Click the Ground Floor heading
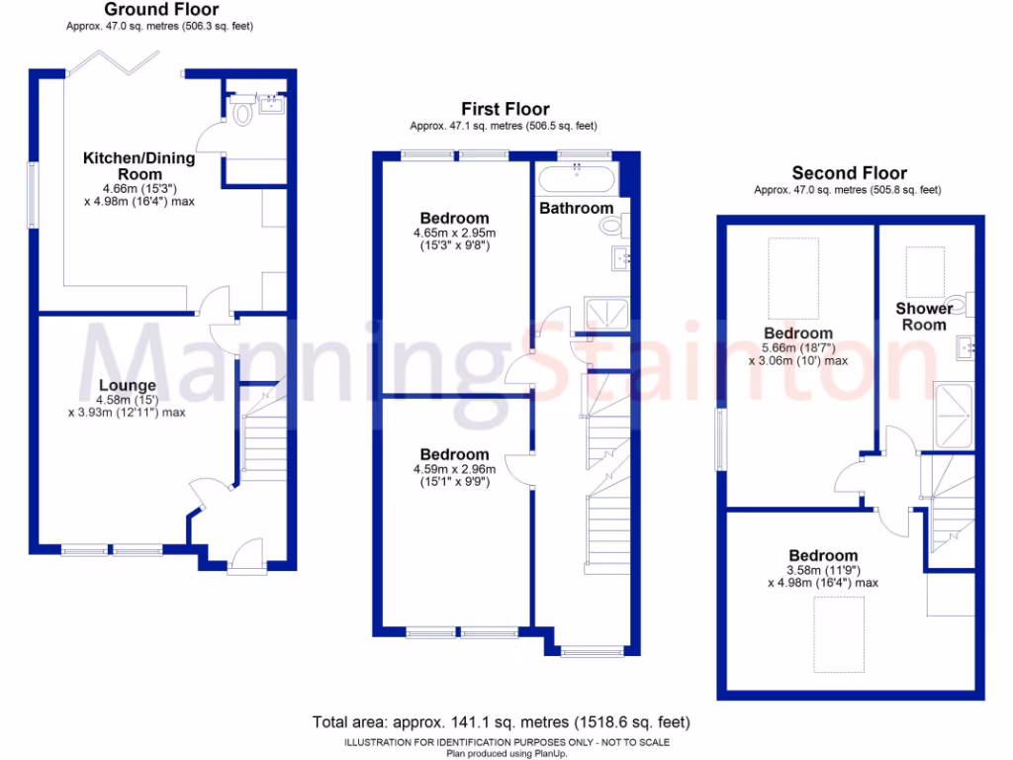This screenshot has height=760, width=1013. tap(161, 10)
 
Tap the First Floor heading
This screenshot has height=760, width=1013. tap(505, 109)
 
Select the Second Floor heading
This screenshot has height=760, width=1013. tap(848, 172)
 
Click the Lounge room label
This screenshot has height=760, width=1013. tap(127, 385)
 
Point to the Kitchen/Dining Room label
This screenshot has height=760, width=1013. tap(138, 165)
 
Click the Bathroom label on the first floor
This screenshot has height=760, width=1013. tap(576, 208)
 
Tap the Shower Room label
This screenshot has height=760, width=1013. tap(924, 317)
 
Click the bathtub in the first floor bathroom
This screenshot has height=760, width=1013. tap(577, 180)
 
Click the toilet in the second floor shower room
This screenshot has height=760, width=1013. tap(956, 302)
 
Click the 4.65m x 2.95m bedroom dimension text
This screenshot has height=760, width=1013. tap(454, 239)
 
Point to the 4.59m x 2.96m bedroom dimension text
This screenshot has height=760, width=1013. tap(454, 475)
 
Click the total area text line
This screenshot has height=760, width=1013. tap(501, 722)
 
